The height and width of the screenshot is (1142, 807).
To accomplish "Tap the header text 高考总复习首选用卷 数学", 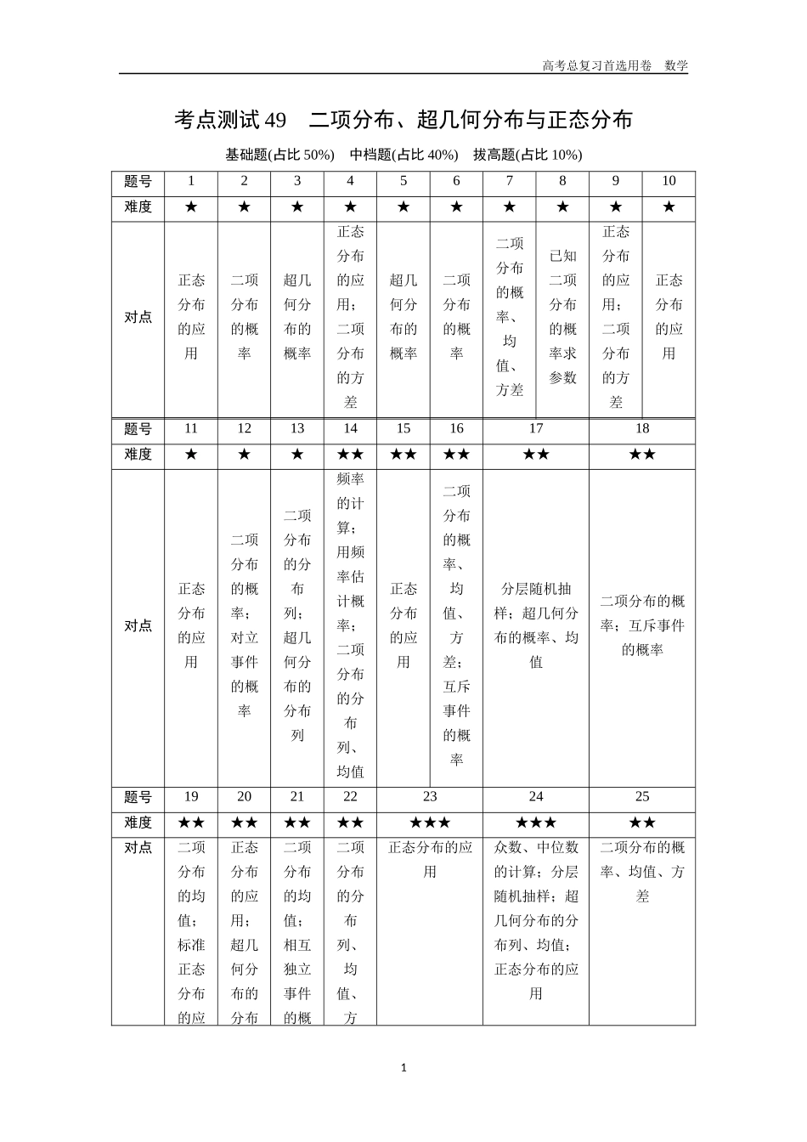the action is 615,65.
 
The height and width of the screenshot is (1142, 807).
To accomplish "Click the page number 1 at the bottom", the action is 403,1068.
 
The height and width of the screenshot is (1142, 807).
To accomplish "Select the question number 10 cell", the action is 669,181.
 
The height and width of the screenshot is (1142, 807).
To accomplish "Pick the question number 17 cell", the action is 536,429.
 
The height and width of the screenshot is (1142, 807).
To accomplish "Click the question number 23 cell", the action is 430,797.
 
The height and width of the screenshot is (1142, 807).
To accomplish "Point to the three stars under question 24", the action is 536,823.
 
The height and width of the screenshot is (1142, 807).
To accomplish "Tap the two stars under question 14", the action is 350,455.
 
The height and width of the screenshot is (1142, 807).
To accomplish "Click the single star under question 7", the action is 510,207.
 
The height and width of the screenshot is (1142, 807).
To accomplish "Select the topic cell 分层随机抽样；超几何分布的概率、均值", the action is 536,625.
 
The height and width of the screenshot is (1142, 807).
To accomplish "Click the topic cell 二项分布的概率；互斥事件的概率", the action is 642,625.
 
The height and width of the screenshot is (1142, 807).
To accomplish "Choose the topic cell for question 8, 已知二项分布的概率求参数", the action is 562,317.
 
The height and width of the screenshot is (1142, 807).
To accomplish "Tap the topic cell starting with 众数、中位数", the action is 536,920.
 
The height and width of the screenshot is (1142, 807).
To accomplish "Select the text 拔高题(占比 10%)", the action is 528,155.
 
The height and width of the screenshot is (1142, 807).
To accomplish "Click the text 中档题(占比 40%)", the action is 403,155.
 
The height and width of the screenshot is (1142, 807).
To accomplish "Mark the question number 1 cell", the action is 191,181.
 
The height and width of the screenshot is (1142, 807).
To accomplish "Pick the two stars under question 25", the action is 642,823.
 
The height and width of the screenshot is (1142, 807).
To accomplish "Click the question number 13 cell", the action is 297,429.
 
